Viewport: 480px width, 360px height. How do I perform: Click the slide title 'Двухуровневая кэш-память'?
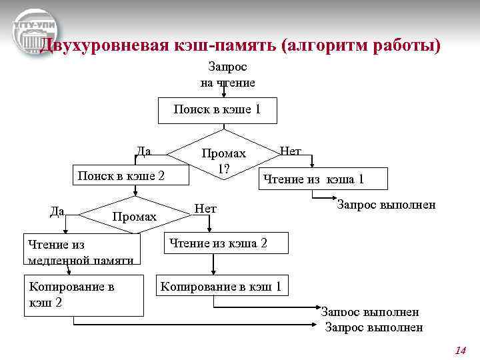click(x=240, y=46)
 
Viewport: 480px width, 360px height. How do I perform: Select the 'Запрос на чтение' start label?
click(x=227, y=75)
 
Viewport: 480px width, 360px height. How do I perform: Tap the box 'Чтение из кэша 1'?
click(x=313, y=178)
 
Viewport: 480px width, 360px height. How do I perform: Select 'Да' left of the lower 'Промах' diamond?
click(x=57, y=211)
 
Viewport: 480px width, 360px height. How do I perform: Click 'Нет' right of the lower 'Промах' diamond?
click(x=205, y=209)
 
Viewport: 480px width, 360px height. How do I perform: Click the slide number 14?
click(x=460, y=350)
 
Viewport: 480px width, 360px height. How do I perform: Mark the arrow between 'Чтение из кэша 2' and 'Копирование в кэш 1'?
click(x=213, y=265)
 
